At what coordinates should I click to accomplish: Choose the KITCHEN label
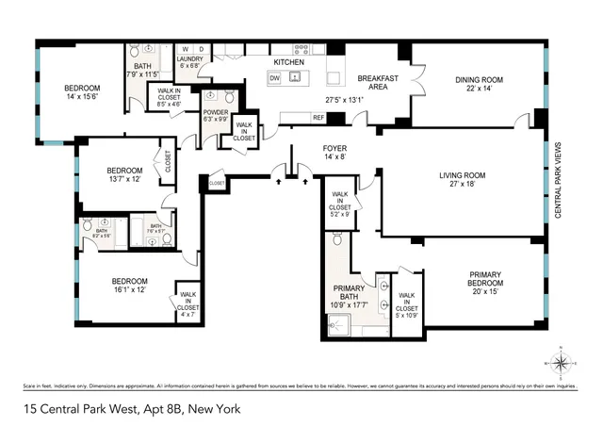click(288, 62)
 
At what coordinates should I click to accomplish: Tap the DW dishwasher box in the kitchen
click(274, 78)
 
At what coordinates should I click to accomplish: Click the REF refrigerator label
click(318, 118)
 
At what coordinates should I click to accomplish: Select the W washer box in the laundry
click(186, 48)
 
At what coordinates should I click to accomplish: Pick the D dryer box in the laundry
click(201, 48)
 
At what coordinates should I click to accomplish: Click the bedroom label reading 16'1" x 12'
click(130, 286)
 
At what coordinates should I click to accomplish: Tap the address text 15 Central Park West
click(132, 409)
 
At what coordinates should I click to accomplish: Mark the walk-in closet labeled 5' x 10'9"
click(408, 300)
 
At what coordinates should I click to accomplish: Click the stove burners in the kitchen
click(302, 48)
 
